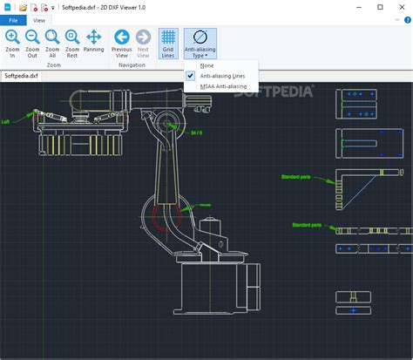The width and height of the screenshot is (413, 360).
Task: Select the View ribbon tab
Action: point(39,20)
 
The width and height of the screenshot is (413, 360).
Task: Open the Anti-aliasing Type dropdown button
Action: point(200,44)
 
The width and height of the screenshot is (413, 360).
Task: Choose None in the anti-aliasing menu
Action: point(206,65)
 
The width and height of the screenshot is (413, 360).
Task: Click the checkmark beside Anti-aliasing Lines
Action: point(191,76)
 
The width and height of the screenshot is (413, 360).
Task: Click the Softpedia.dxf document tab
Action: point(21,76)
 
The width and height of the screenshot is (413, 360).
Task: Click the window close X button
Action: point(397,7)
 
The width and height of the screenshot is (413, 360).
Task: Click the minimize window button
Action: point(350,7)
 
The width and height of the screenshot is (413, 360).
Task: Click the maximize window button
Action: point(374,7)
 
